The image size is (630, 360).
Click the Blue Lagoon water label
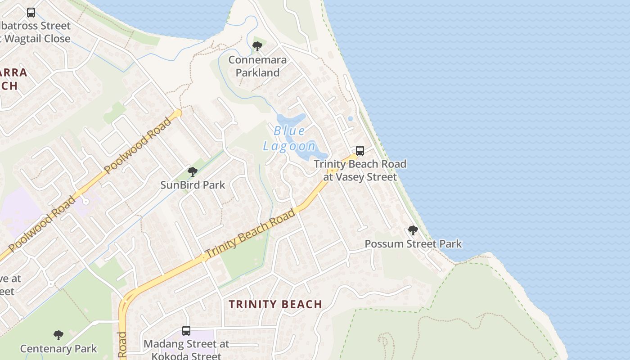point(290,138)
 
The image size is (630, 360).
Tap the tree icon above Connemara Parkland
point(257,46)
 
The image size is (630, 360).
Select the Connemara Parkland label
point(257,66)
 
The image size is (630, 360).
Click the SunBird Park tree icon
point(193,171)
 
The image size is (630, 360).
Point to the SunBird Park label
point(193,184)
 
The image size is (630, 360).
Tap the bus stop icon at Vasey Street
point(360,151)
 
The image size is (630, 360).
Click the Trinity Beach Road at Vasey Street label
point(360,170)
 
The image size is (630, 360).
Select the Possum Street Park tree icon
point(413,230)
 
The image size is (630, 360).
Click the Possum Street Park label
point(413,244)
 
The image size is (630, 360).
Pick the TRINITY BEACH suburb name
point(275,304)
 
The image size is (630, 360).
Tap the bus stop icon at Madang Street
point(186,331)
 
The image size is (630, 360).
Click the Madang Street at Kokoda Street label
point(186,350)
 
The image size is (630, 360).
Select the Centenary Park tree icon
point(58,335)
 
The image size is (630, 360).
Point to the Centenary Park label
point(58,348)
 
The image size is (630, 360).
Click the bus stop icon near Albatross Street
point(31,13)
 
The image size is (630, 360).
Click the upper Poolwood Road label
point(138,145)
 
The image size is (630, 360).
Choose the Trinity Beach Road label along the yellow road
point(250,233)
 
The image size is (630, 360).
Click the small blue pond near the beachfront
point(350,119)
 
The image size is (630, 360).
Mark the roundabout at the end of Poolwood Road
point(178,113)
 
